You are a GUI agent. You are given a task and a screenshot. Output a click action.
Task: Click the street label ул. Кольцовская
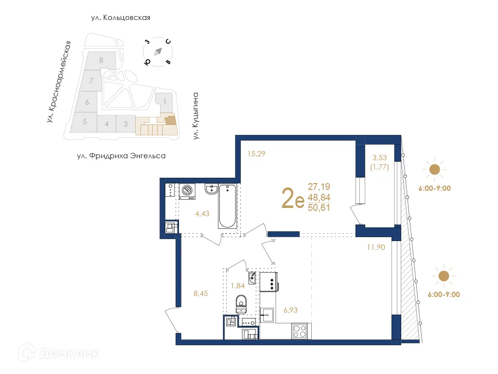click(120, 18)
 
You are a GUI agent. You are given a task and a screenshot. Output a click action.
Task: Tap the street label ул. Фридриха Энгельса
click(121, 156)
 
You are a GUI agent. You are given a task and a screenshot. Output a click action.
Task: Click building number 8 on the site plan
click(101, 60)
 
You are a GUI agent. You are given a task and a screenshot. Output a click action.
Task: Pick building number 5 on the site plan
click(85, 122)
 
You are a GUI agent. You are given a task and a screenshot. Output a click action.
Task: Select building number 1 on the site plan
click(165, 101)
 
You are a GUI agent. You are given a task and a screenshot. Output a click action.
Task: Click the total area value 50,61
click(319, 208)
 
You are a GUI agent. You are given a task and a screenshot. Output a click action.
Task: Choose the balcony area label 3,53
click(380, 158)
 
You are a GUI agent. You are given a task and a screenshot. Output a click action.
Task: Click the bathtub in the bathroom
click(228, 206)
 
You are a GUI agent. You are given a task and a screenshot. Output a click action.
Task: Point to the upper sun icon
click(434, 169)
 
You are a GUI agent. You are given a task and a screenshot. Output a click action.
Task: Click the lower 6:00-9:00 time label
click(444, 294)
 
